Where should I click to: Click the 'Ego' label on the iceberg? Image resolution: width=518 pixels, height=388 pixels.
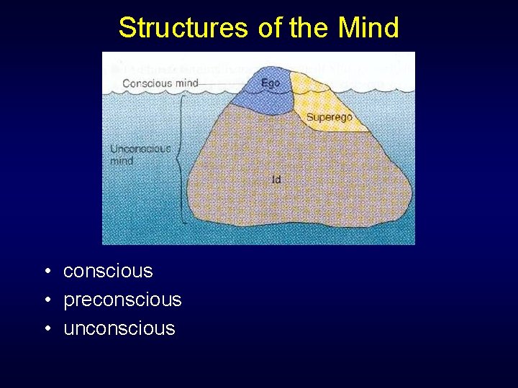(271, 83)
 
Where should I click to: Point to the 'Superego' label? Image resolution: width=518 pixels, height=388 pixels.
(329, 117)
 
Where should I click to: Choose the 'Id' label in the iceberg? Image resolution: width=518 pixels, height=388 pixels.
(276, 180)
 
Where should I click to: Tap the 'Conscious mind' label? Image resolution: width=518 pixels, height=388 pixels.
(160, 83)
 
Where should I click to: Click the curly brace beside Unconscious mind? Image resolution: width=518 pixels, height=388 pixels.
(179, 158)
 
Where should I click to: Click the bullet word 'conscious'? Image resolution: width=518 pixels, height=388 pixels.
(108, 271)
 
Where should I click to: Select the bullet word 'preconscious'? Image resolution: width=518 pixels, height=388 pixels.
(122, 300)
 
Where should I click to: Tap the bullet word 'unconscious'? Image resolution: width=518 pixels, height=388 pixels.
(119, 328)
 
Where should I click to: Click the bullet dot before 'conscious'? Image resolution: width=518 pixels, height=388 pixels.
(46, 272)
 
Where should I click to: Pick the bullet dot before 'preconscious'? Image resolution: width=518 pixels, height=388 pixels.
(46, 300)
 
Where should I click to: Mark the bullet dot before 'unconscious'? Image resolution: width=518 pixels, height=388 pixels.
(46, 329)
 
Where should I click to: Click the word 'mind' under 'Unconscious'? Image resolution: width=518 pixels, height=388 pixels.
(122, 161)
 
